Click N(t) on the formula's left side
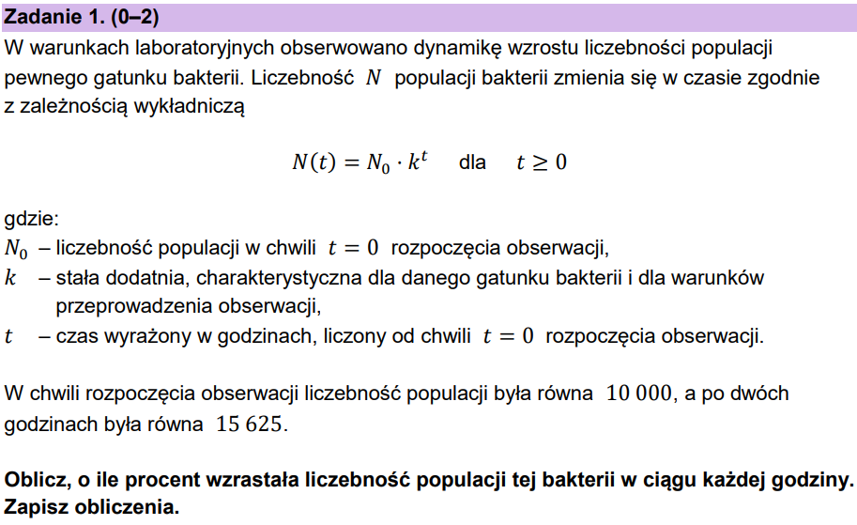[x=313, y=162]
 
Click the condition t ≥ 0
[x=542, y=162]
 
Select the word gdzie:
[x=32, y=221]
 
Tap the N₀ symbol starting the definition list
[x=16, y=251]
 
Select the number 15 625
[x=249, y=424]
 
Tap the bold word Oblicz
[x=34, y=480]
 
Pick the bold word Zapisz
[x=35, y=507]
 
